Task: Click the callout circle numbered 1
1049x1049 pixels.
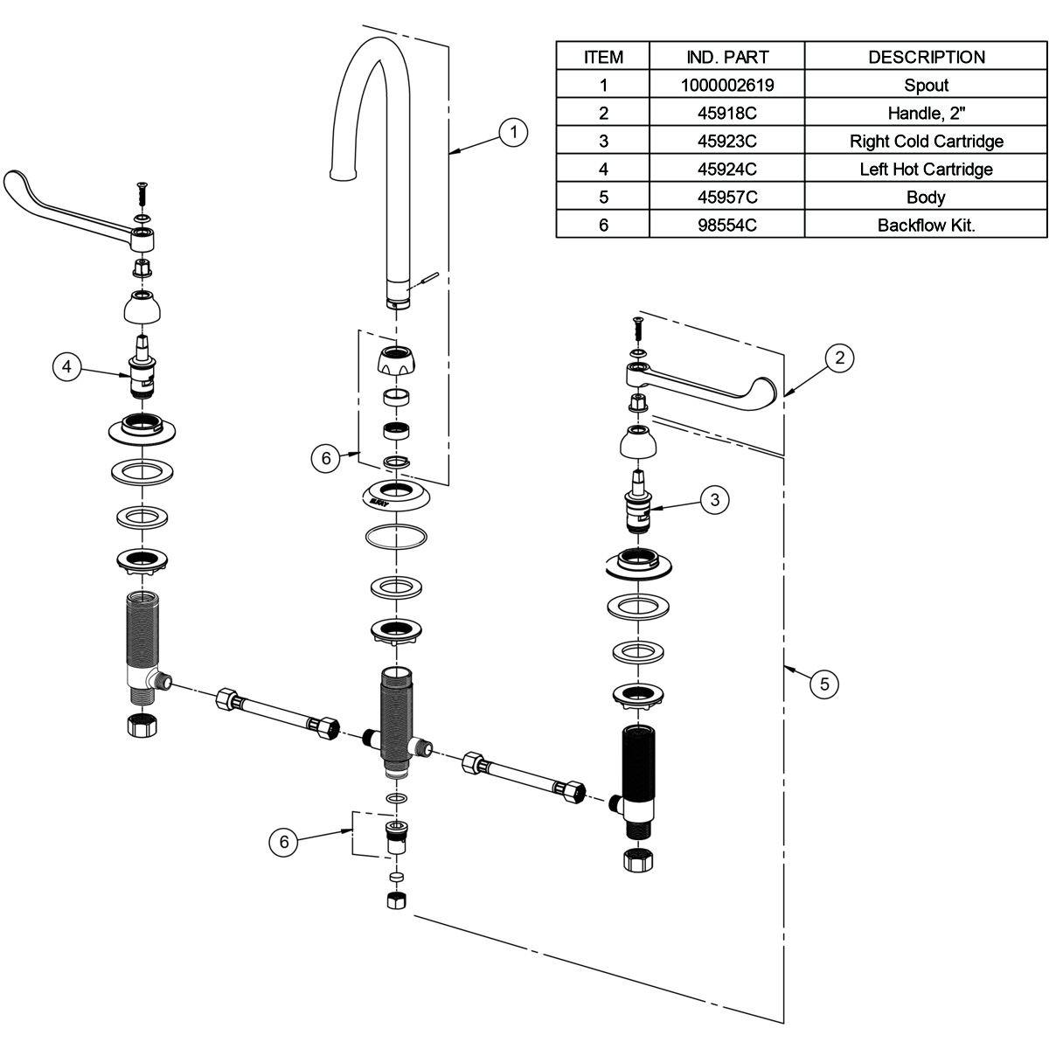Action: [513, 132]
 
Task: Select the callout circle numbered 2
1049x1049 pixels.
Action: [839, 357]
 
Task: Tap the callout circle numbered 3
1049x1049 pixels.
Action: [715, 499]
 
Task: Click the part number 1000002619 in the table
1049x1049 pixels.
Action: [726, 85]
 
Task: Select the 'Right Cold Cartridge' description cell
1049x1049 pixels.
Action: [926, 141]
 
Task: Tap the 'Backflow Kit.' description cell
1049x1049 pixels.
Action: [926, 225]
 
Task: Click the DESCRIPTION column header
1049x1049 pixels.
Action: [926, 57]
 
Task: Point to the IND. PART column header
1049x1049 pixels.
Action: [726, 57]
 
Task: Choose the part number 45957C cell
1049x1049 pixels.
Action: [726, 197]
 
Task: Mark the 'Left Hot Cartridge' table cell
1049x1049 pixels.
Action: [926, 169]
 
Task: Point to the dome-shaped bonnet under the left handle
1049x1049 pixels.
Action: [141, 308]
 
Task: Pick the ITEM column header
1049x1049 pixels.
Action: [603, 57]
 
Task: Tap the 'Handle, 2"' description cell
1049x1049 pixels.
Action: [926, 113]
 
